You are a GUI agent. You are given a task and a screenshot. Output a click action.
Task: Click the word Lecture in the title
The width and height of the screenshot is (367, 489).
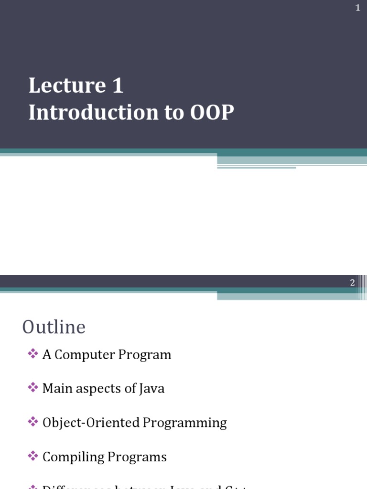pyautogui.click(x=67, y=86)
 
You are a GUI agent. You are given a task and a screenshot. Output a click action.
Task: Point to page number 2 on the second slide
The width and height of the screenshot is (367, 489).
pyautogui.click(x=352, y=282)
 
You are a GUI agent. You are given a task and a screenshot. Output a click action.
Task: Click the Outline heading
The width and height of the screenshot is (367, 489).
pyautogui.click(x=54, y=327)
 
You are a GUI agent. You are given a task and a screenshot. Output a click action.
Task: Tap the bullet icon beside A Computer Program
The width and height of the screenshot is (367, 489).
pyautogui.click(x=32, y=354)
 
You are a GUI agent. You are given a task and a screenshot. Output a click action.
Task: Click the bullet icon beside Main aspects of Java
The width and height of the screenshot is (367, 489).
pyautogui.click(x=32, y=388)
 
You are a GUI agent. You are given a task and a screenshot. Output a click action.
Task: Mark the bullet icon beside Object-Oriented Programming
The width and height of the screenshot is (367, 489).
pyautogui.click(x=32, y=422)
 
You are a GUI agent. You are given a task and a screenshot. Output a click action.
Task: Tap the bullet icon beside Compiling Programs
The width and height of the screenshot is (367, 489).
pyautogui.click(x=32, y=456)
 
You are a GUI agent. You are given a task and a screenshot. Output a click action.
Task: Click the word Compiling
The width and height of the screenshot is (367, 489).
pyautogui.click(x=73, y=457)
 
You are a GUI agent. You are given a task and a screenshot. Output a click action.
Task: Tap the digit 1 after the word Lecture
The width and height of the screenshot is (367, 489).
pyautogui.click(x=118, y=86)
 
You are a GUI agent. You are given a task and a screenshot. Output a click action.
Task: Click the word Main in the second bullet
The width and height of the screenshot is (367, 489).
pyautogui.click(x=54, y=389)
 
